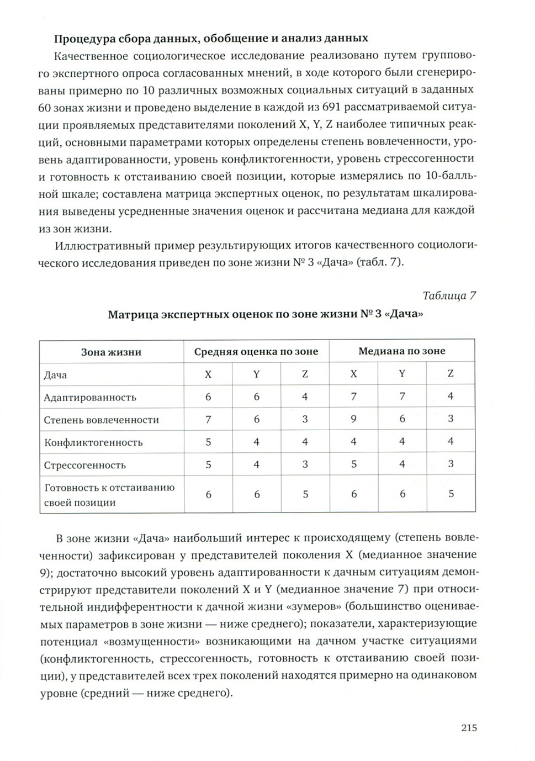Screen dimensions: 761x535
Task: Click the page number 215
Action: [469, 728]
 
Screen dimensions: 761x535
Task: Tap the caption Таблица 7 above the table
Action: [449, 295]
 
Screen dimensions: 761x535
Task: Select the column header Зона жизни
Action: [111, 352]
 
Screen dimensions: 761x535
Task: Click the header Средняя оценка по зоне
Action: [256, 352]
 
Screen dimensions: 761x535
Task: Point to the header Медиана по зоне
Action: [401, 351]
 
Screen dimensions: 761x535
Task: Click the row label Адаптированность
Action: [90, 397]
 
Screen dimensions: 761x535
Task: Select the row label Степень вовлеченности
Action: [101, 420]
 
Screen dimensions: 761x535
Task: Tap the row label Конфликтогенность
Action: [93, 442]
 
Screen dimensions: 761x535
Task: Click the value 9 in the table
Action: [353, 419]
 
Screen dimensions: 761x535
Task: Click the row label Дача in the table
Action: [55, 375]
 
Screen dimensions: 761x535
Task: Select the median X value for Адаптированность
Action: [353, 397]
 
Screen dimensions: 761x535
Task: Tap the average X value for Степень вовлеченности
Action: [208, 419]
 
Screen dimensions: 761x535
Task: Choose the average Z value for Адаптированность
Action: [305, 397]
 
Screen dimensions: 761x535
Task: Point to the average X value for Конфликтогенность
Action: [208, 442]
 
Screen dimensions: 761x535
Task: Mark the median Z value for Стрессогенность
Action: [451, 464]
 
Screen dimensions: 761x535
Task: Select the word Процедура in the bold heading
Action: [78, 39]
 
